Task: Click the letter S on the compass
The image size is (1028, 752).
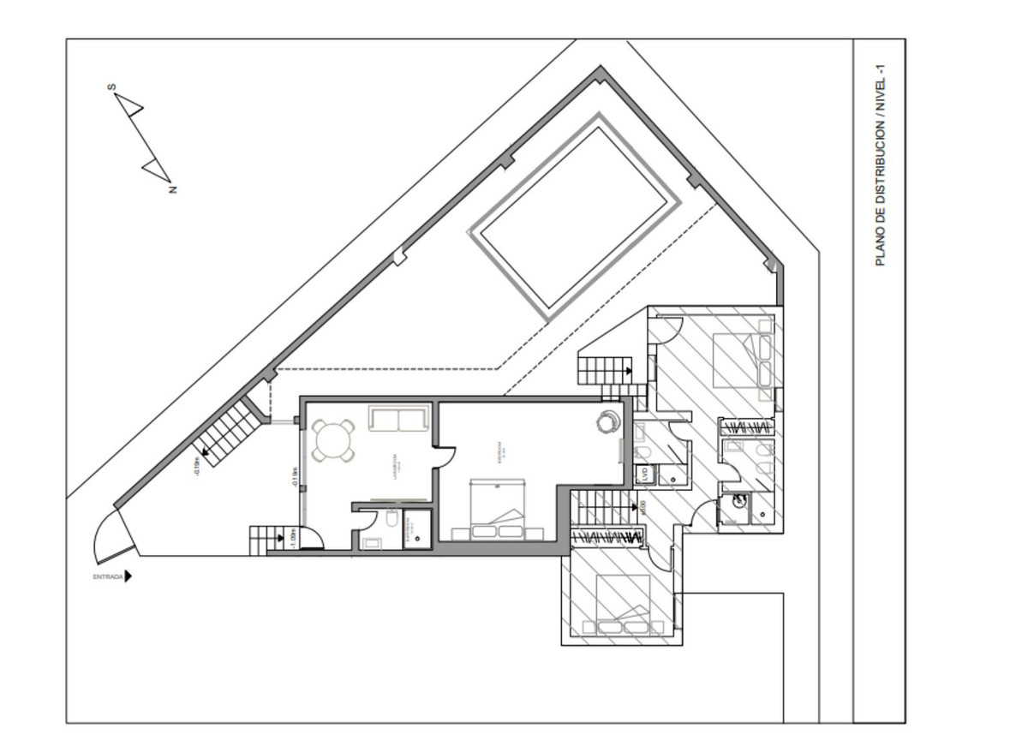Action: [x=111, y=87]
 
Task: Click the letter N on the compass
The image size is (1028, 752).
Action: [x=173, y=189]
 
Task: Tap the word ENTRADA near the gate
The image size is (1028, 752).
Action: [x=108, y=577]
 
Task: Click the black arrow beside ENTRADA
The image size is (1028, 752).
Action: [x=128, y=576]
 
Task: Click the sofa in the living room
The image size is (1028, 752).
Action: [x=398, y=418]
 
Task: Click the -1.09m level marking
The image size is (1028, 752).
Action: [x=292, y=539]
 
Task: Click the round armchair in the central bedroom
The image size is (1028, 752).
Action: [x=609, y=421]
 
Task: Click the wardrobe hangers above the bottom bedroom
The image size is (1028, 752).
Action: [x=607, y=537]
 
